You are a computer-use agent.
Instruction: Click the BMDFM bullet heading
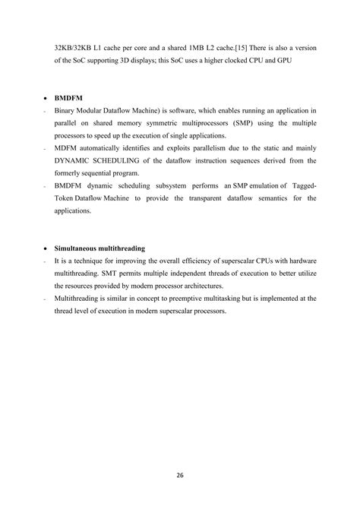pyautogui.click(x=68, y=99)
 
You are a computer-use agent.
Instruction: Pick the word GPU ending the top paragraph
pyautogui.click(x=307, y=60)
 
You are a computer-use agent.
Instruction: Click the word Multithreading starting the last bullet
pyautogui.click(x=80, y=299)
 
